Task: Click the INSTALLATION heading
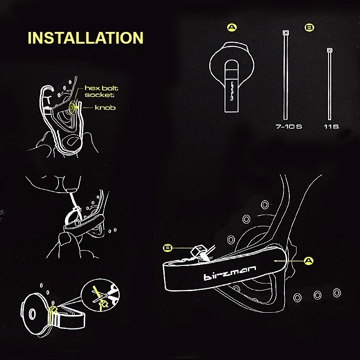pos(85,38)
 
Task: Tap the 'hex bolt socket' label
pos(99,91)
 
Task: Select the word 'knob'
pos(105,108)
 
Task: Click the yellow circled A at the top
pos(232,28)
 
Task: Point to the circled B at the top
pos(309,28)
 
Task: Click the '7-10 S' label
pos(288,127)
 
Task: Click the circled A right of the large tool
pos(308,260)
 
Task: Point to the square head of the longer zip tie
pos(285,33)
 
